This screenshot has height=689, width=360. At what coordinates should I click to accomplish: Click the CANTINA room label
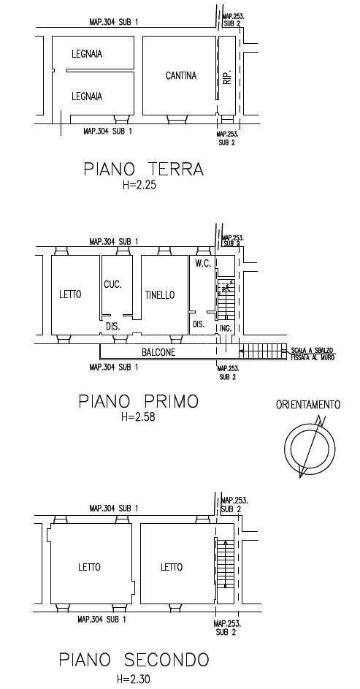pos(181,75)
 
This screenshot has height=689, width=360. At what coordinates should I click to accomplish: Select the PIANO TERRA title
pos(144,170)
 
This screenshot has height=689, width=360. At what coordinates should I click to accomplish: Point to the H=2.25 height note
pos(139,186)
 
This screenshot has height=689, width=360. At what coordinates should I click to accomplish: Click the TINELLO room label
pos(160,295)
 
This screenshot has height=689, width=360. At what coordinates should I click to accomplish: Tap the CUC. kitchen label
pos(113,284)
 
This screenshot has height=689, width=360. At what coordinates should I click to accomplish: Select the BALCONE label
pos(158,352)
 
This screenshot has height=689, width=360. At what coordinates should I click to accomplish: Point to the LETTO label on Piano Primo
pos(70,294)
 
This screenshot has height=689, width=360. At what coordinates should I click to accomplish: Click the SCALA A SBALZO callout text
pos(312,354)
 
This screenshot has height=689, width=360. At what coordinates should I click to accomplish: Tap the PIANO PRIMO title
pos(138,401)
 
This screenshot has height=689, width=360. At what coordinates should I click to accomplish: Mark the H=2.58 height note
pos(138,417)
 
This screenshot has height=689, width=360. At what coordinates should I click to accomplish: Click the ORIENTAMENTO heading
pos(308,405)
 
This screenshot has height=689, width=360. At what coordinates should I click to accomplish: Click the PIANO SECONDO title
pos(134,660)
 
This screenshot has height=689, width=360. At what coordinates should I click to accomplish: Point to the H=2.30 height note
pos(134,680)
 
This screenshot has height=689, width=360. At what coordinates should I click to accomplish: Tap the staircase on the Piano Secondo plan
pos(226,564)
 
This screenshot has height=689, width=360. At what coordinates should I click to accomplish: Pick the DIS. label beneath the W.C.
pos(199,324)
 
